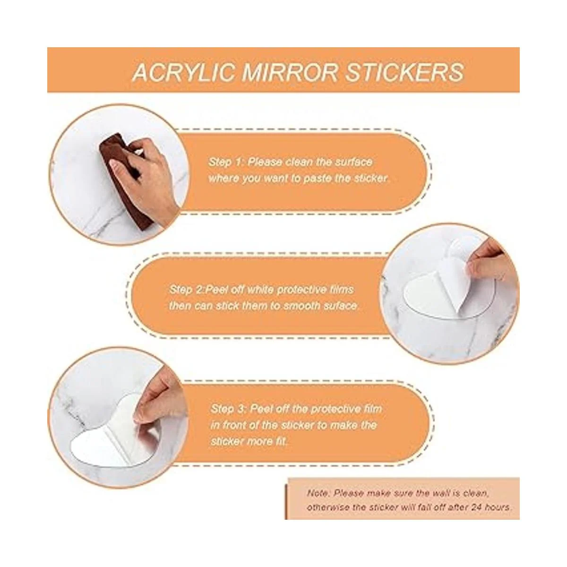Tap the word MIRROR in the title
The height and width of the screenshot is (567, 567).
pyautogui.click(x=289, y=72)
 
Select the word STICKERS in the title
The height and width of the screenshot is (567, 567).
pyautogui.click(x=404, y=72)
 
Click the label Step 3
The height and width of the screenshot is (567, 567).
pyautogui.click(x=227, y=409)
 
